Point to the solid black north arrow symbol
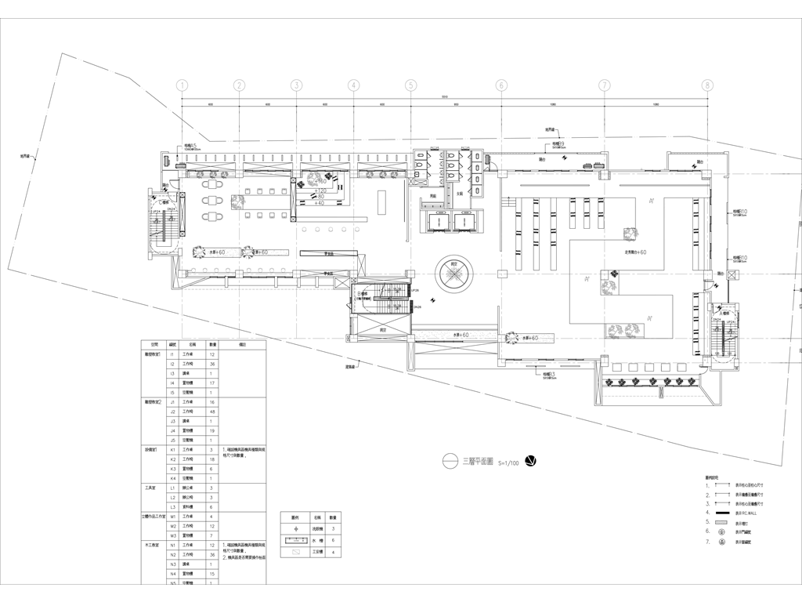coord(531,461)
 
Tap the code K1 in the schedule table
coord(172,449)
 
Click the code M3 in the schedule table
coord(172,535)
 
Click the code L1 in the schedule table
coord(172,488)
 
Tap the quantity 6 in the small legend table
coord(333,540)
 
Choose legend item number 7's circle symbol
coord(721,542)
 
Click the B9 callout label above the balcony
coord(558,144)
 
